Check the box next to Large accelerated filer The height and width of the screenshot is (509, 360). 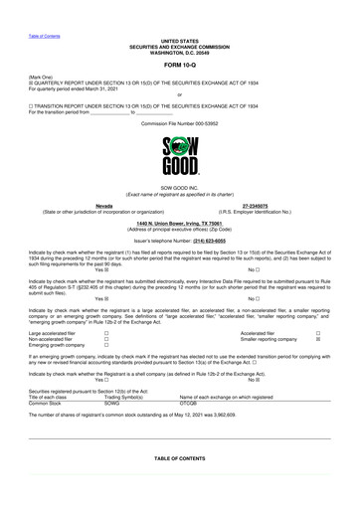[106, 333]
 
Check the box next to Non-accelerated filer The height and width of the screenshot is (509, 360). [106, 339]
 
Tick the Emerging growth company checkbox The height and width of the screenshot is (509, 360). [106, 345]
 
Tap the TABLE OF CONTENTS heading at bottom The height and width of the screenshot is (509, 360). [180, 458]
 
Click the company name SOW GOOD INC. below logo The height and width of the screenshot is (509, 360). [180, 185]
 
